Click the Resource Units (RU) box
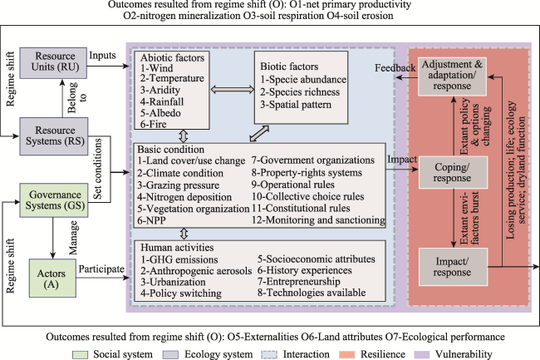53,63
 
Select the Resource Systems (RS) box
54,136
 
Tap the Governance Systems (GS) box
54,200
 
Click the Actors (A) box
52,278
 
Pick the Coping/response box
453,172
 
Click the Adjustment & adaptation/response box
452,76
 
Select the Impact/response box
453,267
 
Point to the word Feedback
395,68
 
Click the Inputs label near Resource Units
103,56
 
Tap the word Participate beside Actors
101,269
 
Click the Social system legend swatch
80,355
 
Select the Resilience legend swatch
346,355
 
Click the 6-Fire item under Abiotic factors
153,125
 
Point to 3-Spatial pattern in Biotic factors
296,105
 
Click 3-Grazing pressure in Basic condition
178,185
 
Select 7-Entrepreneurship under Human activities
298,282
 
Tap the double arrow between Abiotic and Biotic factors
232,90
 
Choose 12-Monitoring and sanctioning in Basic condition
318,219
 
